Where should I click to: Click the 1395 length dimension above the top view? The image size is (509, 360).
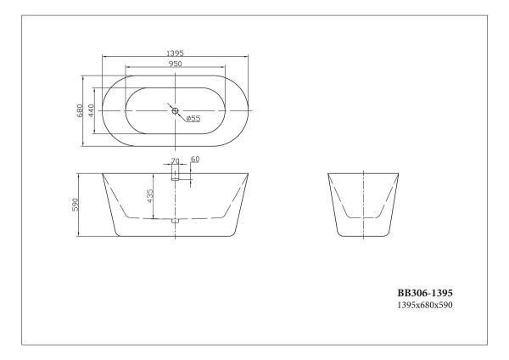176,53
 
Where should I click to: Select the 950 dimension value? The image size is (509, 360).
176,63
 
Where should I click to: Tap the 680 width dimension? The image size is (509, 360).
80,110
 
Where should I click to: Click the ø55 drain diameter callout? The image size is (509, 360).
193,119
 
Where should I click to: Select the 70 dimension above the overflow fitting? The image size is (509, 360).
176,160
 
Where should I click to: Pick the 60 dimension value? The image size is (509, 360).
195,160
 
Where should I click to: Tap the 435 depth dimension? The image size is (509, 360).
151,197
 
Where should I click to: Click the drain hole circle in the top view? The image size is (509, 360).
176,110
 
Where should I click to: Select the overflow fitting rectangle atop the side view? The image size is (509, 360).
176,172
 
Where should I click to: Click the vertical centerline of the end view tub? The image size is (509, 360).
363,204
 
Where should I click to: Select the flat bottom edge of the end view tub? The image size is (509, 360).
363,239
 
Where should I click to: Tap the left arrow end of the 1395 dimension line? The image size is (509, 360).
103,58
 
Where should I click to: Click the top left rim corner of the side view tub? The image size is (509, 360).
103,174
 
